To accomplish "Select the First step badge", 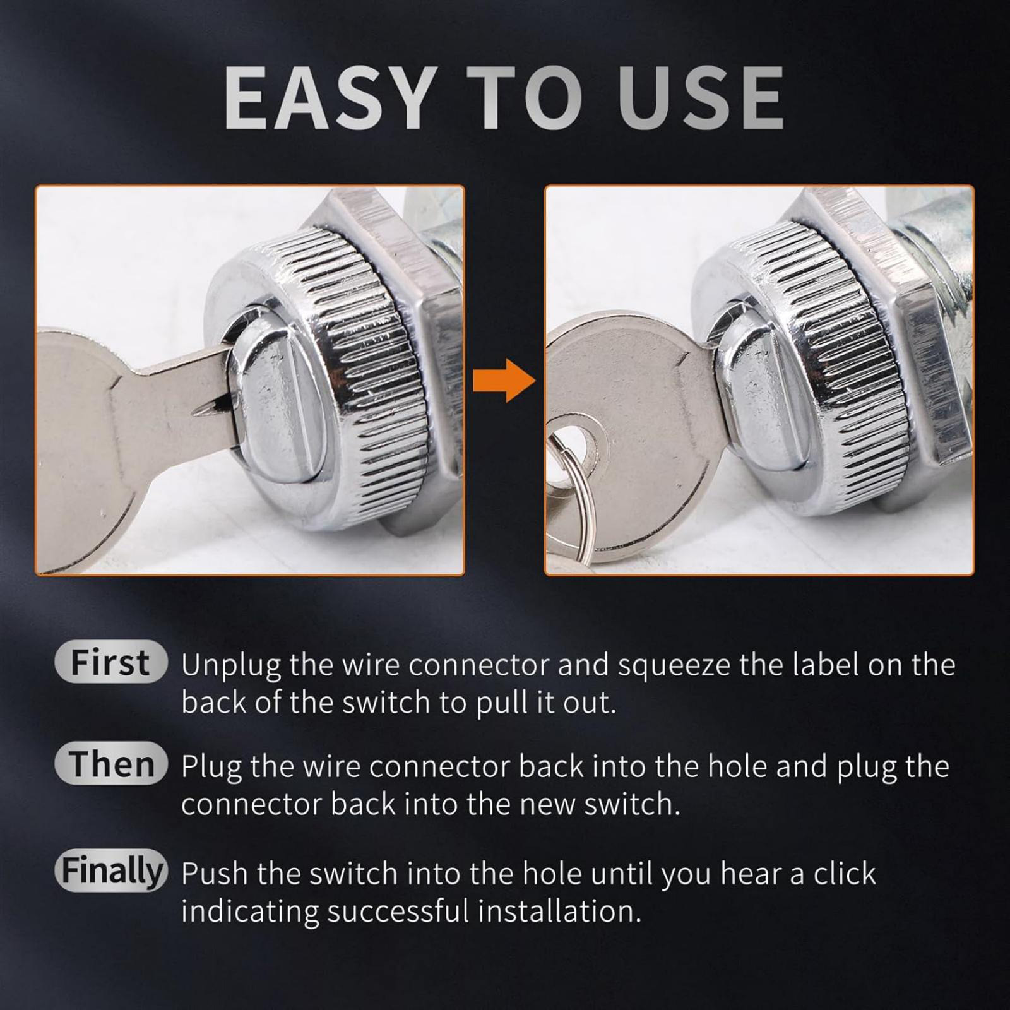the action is pos(111,662).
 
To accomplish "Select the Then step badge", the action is pos(111,763).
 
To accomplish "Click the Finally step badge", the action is pos(111,870).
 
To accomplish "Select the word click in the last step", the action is pos(845,874).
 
